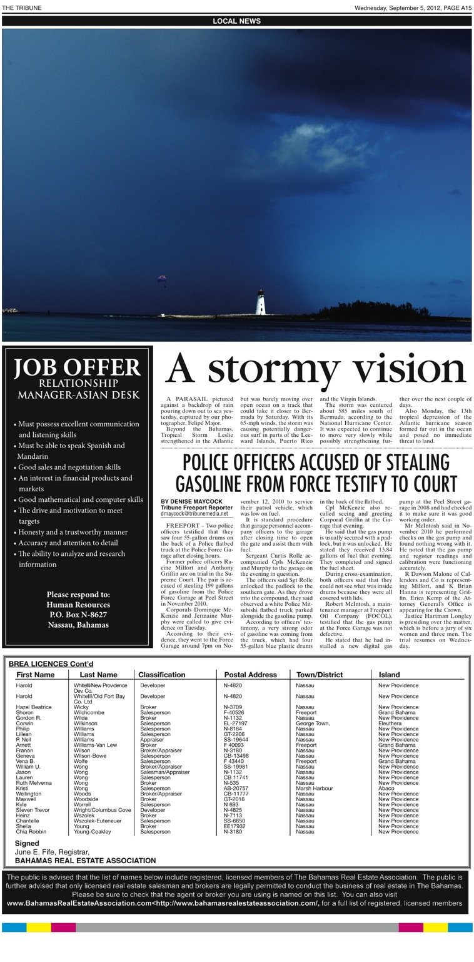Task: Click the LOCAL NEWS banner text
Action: tap(236, 21)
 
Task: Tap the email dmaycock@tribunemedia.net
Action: tap(194, 513)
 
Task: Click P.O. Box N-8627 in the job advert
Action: tap(78, 615)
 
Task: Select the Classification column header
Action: tap(161, 675)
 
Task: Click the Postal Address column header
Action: tap(250, 675)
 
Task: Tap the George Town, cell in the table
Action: tap(313, 724)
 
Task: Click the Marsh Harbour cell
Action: tap(315, 789)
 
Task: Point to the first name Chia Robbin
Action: tap(31, 832)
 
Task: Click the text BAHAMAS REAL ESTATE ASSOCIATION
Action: tap(85, 861)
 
